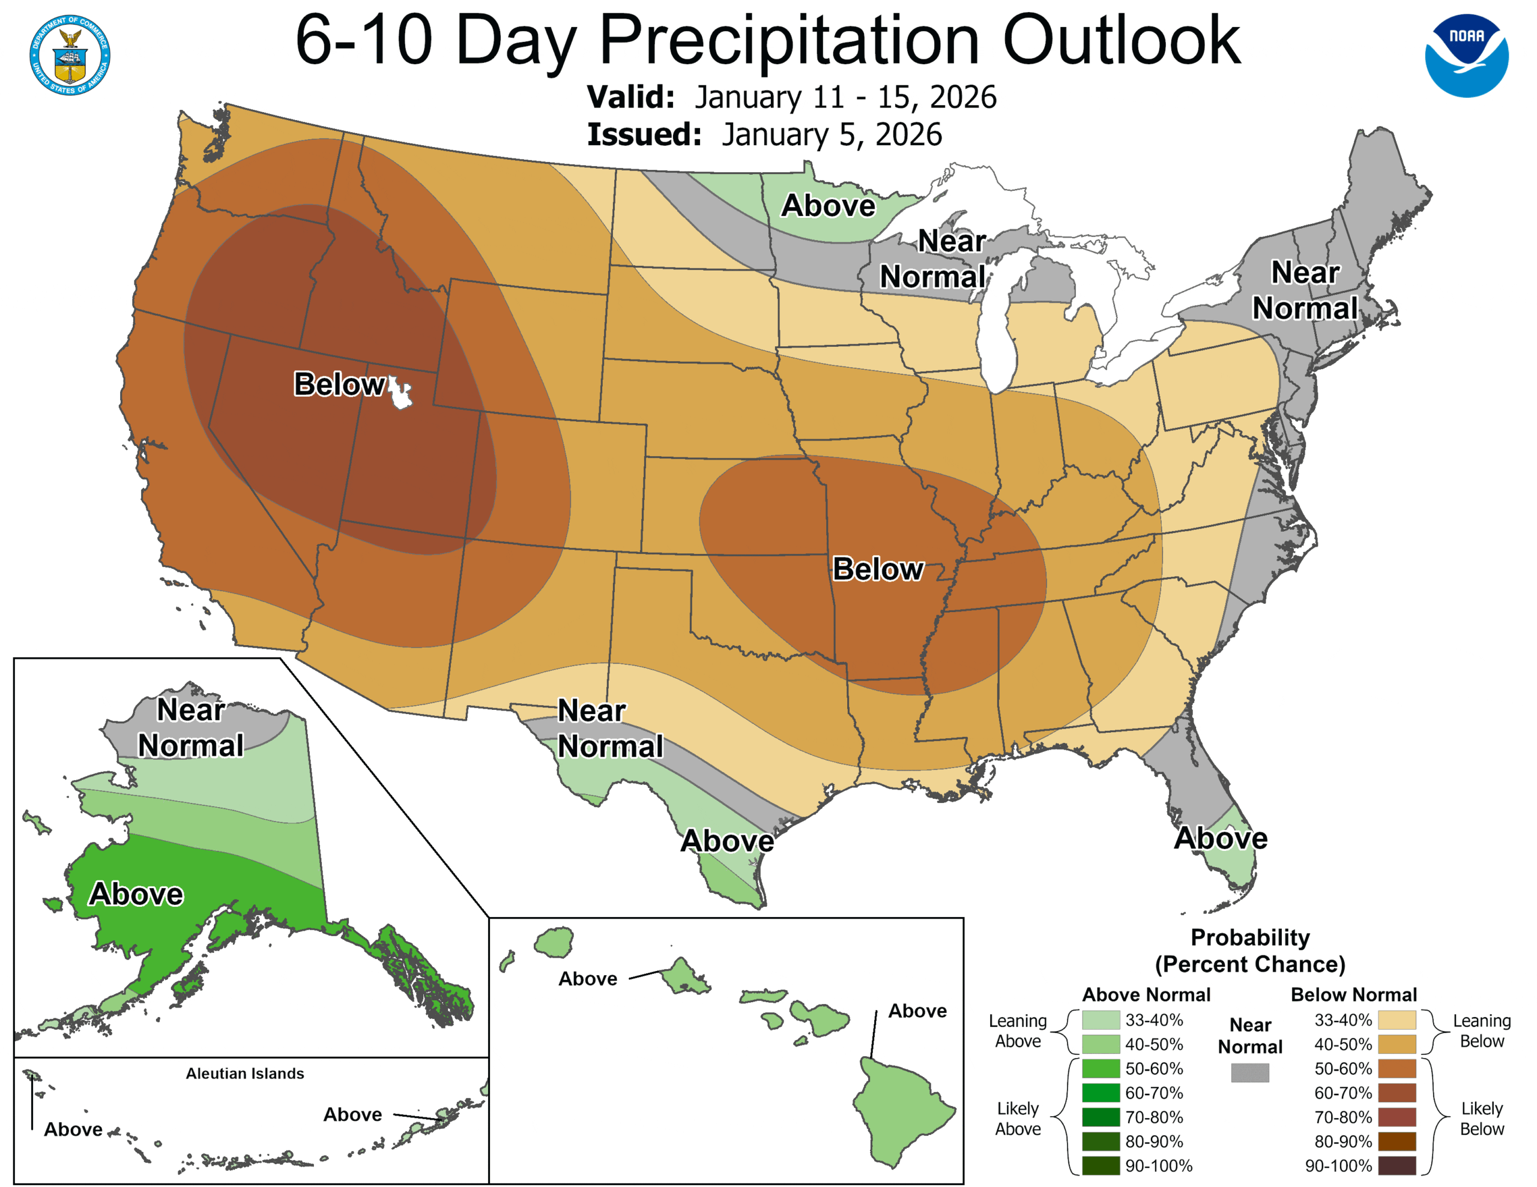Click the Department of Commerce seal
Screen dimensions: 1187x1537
(x=70, y=55)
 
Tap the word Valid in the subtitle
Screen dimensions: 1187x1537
(x=630, y=97)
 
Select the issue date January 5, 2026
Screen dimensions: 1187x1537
(x=831, y=134)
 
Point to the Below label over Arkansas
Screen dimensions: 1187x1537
(x=878, y=568)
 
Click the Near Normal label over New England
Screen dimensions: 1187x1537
(x=1305, y=290)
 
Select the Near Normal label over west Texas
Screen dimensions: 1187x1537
(x=609, y=729)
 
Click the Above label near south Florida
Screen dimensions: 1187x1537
(x=1221, y=838)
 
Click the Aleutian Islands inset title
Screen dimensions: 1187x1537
(x=245, y=1073)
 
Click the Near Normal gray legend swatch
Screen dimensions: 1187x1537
(x=1250, y=1072)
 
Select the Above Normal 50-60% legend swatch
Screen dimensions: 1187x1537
(x=1101, y=1068)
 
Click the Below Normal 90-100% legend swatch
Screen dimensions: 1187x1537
(x=1397, y=1165)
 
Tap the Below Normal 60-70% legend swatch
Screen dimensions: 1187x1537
(x=1397, y=1093)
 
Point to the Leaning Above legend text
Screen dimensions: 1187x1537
(x=1018, y=1030)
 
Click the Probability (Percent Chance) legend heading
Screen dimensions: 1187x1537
(x=1250, y=950)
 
